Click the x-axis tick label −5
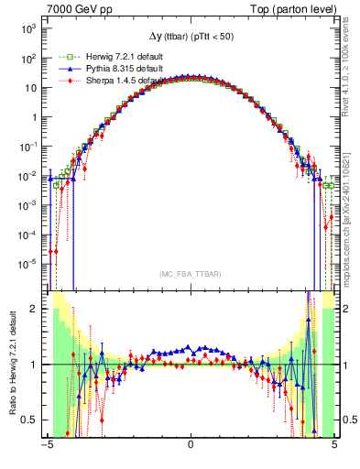pos(46,446)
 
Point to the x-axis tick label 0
pos(190,446)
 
